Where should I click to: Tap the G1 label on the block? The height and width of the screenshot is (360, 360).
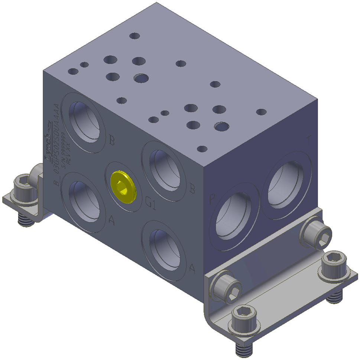tap(150, 203)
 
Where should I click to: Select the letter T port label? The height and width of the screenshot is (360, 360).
tap(308, 141)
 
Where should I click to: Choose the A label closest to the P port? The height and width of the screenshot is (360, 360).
tap(192, 268)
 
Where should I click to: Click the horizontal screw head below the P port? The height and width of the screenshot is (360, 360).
tap(228, 288)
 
